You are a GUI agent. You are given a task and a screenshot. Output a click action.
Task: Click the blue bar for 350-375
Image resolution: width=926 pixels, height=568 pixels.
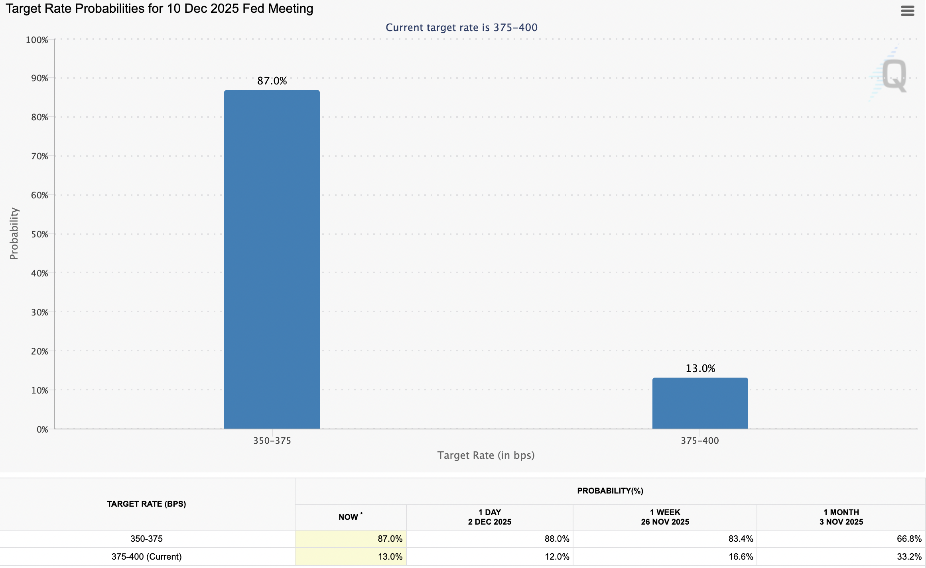[272, 259]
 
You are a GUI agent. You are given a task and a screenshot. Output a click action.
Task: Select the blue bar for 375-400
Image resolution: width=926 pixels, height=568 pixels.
[700, 403]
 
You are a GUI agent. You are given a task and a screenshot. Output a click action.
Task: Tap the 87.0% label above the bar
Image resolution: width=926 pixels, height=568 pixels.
[272, 81]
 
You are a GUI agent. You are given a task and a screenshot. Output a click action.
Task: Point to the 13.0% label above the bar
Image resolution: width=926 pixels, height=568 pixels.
[700, 368]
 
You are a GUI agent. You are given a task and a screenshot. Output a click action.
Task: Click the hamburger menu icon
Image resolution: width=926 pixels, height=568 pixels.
[907, 11]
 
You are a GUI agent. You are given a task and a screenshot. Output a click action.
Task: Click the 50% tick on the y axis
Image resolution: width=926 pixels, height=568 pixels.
[39, 234]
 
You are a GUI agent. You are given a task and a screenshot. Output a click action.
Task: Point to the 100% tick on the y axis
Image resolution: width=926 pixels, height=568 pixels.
[37, 40]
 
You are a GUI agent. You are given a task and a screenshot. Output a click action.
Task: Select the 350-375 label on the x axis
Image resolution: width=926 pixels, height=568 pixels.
[272, 441]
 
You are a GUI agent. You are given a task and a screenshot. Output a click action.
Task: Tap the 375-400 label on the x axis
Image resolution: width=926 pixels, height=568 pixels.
[700, 441]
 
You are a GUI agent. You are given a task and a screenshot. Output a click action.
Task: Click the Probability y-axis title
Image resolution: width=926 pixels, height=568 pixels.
[14, 233]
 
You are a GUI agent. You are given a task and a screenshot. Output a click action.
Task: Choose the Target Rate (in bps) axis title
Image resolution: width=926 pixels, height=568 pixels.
[486, 455]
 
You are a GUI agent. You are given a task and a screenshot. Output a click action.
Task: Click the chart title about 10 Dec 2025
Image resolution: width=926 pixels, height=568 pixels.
[160, 8]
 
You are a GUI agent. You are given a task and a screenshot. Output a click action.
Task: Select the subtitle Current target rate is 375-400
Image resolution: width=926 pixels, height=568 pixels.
[461, 27]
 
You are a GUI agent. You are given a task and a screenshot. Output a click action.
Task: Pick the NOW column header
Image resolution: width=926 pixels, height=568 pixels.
[349, 517]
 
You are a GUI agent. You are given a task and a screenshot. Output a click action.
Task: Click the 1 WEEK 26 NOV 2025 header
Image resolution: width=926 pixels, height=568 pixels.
[665, 517]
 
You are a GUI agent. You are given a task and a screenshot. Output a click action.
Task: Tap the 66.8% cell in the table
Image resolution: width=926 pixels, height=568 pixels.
[909, 539]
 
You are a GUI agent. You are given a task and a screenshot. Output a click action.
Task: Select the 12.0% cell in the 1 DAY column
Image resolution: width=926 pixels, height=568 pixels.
[557, 556]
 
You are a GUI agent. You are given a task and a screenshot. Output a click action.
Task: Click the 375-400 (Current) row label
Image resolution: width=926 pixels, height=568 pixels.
[146, 556]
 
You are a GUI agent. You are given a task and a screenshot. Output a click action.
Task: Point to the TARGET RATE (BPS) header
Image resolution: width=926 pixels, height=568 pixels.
[146, 504]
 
